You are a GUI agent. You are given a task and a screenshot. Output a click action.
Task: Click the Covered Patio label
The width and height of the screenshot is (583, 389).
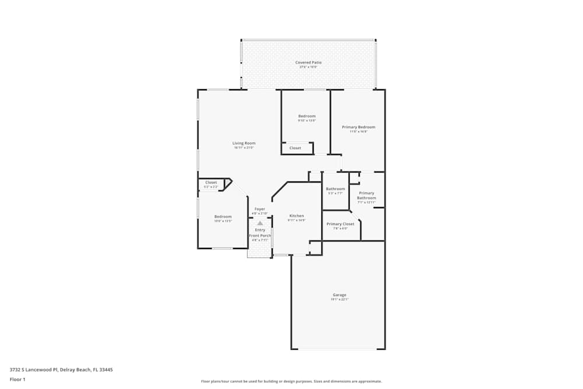pos(308,62)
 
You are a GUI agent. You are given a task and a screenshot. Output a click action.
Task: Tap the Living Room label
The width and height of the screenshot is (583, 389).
pos(244,143)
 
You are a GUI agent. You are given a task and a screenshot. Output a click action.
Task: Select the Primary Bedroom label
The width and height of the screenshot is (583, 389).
pos(358,127)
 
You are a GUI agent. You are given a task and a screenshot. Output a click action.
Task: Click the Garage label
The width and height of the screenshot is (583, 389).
pos(339,295)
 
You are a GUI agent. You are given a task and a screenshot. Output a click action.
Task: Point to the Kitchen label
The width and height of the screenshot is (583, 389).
pos(296,216)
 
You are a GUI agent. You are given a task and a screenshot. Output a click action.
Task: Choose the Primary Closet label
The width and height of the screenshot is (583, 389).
pos(340,224)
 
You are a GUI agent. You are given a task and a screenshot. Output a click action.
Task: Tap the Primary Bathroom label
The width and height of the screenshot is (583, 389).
pos(366,195)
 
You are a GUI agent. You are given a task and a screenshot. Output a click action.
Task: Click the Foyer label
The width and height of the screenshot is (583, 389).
pos(259,209)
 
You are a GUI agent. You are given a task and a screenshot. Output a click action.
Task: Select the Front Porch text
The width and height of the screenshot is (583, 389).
pos(260,235)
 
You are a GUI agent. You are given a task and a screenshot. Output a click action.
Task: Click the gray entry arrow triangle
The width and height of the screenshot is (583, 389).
pos(260,223)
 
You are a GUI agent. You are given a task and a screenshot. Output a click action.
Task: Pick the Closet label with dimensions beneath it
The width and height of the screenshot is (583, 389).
pos(211,183)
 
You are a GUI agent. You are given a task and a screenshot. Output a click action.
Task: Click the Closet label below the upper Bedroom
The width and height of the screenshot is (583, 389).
pos(296,148)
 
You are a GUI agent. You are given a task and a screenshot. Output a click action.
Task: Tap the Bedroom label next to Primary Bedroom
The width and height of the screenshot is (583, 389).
pos(307,116)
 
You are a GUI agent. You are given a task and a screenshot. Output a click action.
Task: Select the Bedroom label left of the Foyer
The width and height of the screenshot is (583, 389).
pos(223,216)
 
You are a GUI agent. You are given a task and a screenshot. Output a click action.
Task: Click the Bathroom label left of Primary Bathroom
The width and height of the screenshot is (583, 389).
pos(335,189)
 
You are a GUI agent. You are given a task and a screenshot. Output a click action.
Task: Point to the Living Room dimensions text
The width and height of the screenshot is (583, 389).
pos(244,148)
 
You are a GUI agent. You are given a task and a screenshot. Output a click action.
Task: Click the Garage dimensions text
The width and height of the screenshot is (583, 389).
pos(339,300)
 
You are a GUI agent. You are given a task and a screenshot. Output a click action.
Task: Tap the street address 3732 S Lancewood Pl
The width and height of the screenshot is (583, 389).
pos(61,369)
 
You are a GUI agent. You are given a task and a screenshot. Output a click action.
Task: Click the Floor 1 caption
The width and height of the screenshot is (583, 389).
pos(17,379)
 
